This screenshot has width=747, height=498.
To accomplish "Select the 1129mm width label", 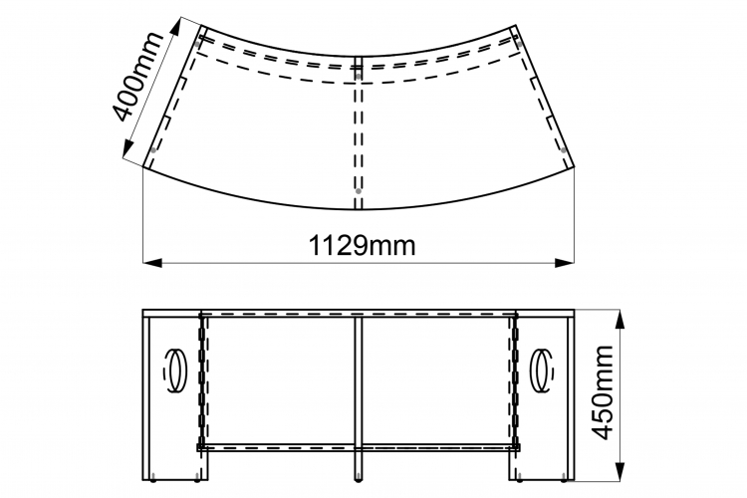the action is coord(363,246).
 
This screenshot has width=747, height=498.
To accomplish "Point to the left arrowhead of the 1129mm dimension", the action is coord(152,263).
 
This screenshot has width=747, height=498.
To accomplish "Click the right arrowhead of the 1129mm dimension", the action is coord(565,263).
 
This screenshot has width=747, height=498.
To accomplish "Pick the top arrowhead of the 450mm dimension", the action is coord(620,319).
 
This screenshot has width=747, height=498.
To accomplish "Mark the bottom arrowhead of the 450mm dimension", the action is coord(620,470).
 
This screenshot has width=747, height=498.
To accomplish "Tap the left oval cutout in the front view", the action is coord(175,371).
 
